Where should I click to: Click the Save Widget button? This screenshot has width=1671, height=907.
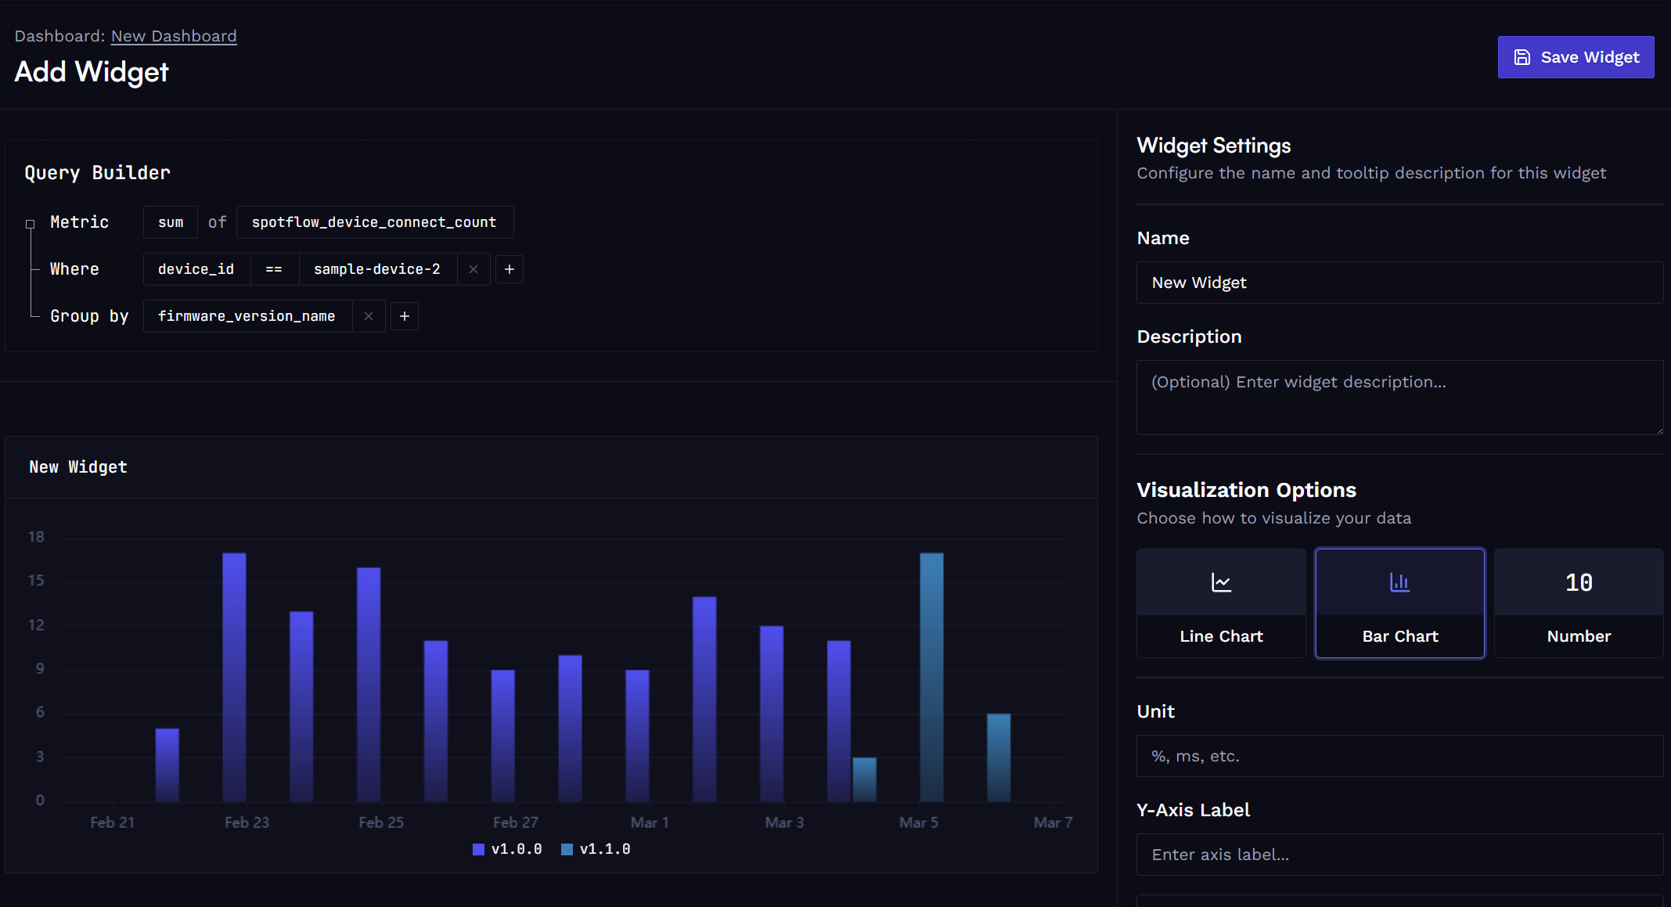[1576, 57]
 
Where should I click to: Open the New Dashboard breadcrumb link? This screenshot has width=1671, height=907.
[174, 36]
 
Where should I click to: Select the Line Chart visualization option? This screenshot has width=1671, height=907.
[1221, 603]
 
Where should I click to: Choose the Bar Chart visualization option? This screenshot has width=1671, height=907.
[1400, 603]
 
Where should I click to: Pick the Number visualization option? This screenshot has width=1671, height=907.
[1579, 603]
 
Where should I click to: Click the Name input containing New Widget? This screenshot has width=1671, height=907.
[1399, 283]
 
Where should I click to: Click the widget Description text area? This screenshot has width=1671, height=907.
[1399, 398]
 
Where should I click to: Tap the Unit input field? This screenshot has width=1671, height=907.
[1399, 756]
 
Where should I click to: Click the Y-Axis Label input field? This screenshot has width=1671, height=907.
[1399, 855]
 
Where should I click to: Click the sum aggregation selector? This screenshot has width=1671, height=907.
[171, 222]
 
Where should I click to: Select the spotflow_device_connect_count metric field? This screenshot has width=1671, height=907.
[375, 222]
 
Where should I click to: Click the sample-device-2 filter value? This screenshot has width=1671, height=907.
[377, 269]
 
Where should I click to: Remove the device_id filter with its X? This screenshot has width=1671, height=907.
[474, 269]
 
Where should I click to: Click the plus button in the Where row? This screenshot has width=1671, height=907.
[510, 269]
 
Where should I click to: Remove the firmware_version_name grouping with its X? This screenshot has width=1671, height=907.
[369, 316]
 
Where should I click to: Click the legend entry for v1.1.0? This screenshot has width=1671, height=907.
[596, 849]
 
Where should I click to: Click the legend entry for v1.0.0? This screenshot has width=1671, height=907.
[507, 849]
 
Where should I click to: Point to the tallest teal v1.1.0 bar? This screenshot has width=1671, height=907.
[931, 677]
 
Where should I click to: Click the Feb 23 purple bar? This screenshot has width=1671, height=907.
[234, 677]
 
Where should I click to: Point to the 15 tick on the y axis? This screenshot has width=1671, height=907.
[36, 581]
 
